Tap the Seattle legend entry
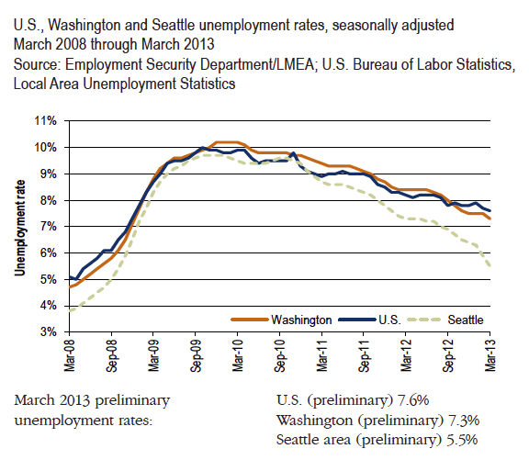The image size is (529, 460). tap(466, 320)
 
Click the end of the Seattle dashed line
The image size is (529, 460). tap(489, 266)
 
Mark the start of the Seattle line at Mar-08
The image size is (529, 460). tap(70, 310)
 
